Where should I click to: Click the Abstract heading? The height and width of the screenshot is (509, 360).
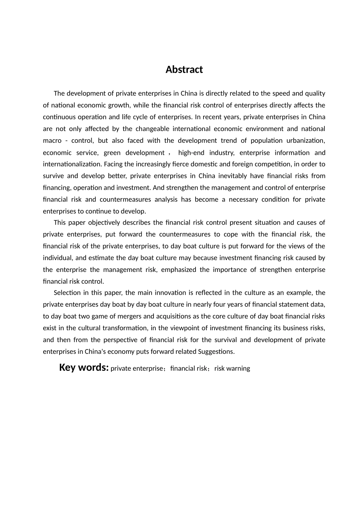tap(184, 70)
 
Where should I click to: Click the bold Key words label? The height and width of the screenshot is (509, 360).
tap(84, 368)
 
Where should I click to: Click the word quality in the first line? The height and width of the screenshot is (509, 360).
tap(314, 94)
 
